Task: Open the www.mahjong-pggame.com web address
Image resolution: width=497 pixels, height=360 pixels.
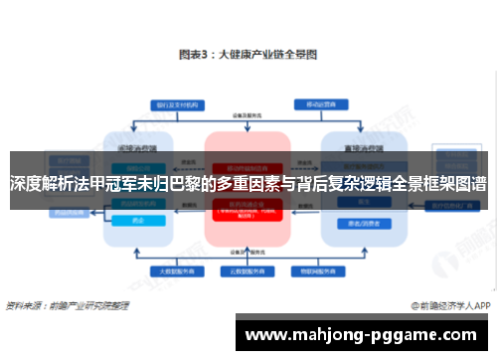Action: pos(365,336)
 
